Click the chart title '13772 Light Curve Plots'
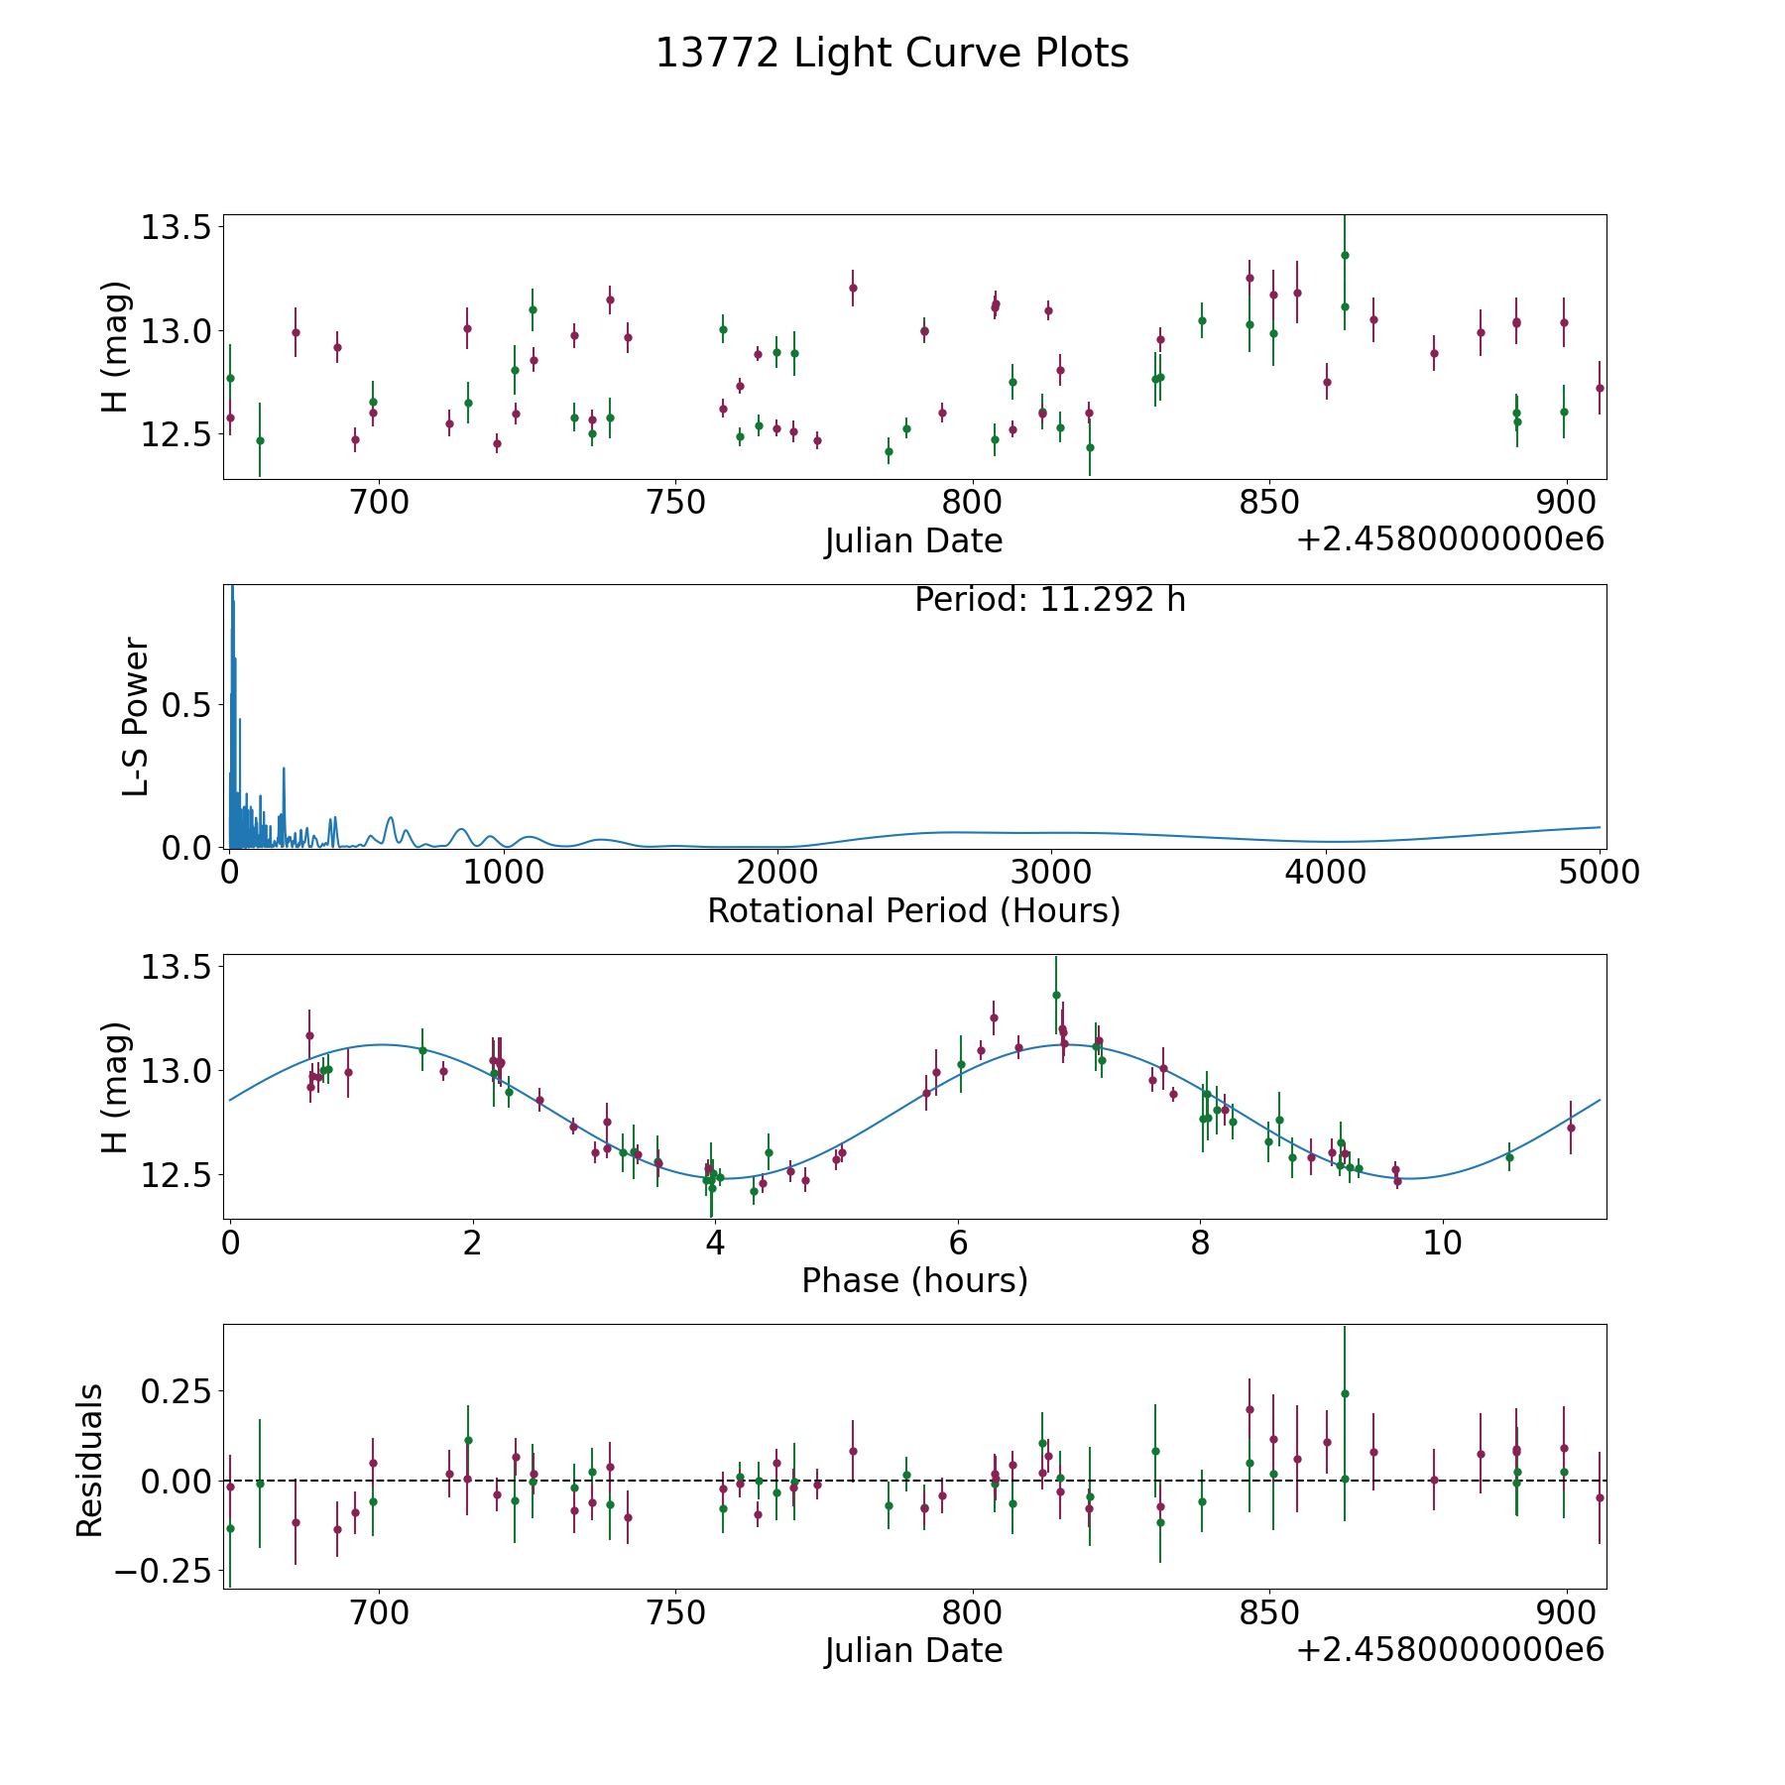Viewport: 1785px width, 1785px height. coord(892,54)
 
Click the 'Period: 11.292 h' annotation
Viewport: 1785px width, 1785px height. coord(1049,600)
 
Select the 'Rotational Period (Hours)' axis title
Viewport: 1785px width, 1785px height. coord(913,910)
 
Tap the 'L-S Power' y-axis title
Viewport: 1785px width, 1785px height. coord(136,717)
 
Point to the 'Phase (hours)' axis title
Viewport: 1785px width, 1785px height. coord(913,1280)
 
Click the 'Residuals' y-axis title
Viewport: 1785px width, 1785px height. coord(90,1460)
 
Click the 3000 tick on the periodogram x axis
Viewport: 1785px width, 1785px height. coord(1052,873)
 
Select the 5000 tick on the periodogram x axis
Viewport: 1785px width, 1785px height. coord(1600,873)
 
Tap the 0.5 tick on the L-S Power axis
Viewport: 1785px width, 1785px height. coord(187,705)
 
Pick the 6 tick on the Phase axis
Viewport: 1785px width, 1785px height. coord(958,1243)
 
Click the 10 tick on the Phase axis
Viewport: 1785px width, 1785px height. coord(1443,1243)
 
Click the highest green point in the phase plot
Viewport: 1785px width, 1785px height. coord(1056,995)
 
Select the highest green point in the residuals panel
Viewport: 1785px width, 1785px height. coord(1345,1393)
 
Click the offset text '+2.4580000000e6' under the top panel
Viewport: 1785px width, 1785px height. coord(1450,540)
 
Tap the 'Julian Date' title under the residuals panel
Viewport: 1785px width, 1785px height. coord(913,1650)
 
